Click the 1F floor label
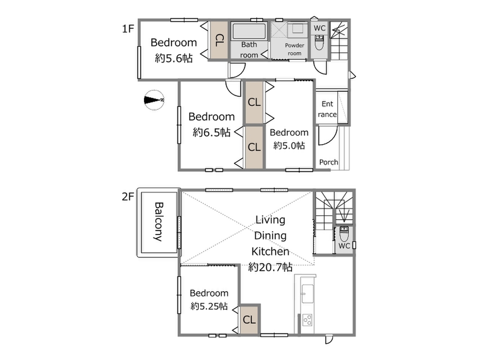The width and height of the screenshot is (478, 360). pyautogui.click(x=128, y=29)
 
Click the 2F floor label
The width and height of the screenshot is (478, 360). pyautogui.click(x=128, y=197)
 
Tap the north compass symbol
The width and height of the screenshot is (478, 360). pyautogui.click(x=154, y=100)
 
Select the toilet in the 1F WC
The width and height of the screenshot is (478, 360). pyautogui.click(x=319, y=42)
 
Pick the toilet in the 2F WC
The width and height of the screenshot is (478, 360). pyautogui.click(x=344, y=234)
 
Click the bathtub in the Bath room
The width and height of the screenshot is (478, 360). pyautogui.click(x=249, y=31)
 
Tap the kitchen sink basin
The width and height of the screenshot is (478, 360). pyautogui.click(x=307, y=293)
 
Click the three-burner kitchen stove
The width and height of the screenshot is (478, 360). pyautogui.click(x=307, y=320)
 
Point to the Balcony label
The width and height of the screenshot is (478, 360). pyautogui.click(x=159, y=222)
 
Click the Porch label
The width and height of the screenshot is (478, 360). pyautogui.click(x=329, y=162)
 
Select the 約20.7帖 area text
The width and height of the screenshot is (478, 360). pyautogui.click(x=270, y=267)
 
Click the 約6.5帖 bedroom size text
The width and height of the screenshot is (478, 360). pyautogui.click(x=211, y=132)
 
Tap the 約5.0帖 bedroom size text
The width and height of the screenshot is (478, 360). pyautogui.click(x=289, y=145)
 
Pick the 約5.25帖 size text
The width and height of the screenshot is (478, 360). pyautogui.click(x=209, y=306)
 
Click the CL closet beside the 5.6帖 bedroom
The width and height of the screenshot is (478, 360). pyautogui.click(x=219, y=40)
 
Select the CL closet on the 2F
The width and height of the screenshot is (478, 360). pyautogui.click(x=250, y=320)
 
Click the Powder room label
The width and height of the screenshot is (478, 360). pyautogui.click(x=295, y=49)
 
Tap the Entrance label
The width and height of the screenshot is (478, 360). pyautogui.click(x=327, y=109)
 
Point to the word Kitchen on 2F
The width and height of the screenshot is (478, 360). pyautogui.click(x=270, y=252)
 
